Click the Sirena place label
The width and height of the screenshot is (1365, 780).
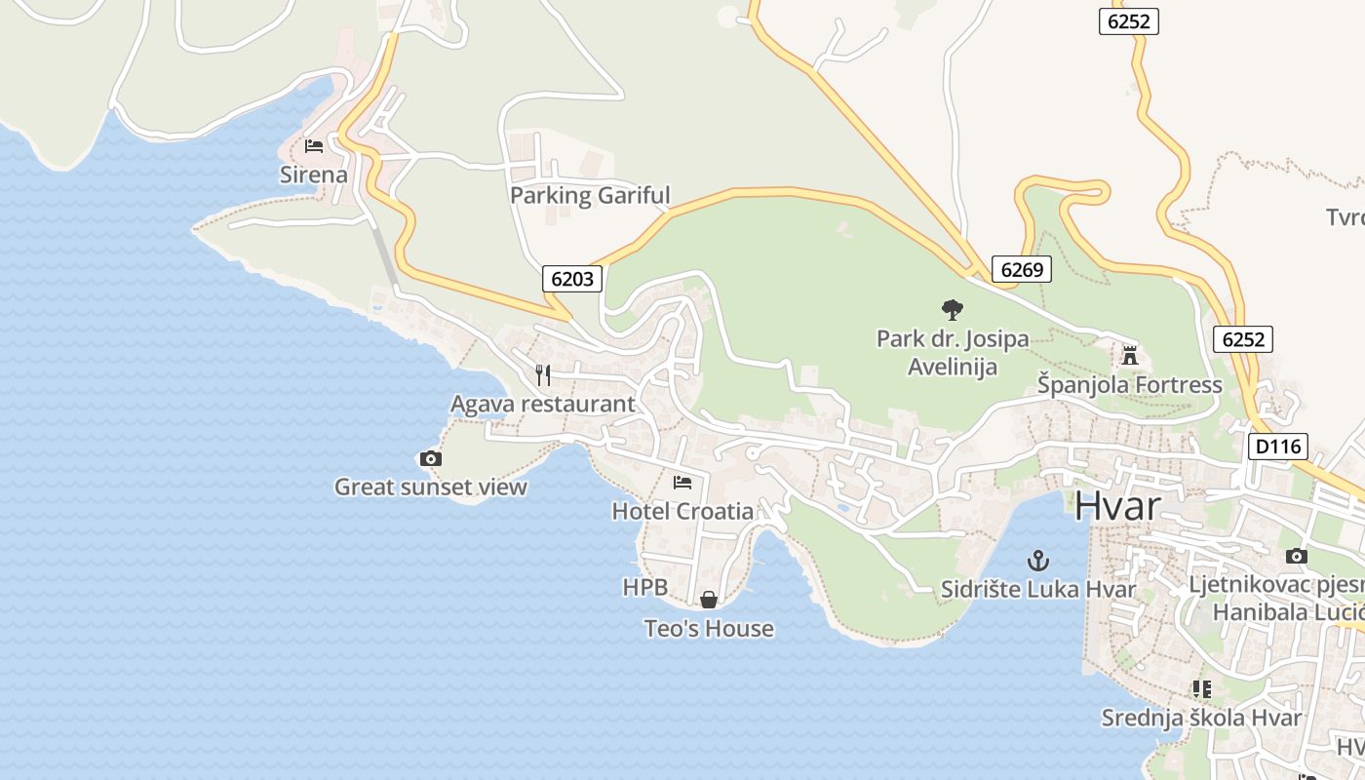point(313,175)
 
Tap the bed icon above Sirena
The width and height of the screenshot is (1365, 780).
point(313,146)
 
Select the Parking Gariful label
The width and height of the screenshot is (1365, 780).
point(590,195)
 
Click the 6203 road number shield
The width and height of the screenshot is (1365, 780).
point(572,279)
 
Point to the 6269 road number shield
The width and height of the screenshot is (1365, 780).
point(1022,269)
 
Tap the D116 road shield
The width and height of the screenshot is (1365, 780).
point(1277,447)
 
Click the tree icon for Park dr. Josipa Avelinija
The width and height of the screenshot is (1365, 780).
point(953,310)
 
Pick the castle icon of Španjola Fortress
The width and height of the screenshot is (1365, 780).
point(1130,356)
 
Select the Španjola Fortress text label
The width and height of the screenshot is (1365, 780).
point(1129,385)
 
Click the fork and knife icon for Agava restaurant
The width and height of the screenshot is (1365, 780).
point(543,374)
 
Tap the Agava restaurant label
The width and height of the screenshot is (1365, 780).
point(542,404)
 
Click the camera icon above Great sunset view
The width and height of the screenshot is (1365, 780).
point(430,458)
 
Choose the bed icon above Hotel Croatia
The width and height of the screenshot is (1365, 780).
point(682,482)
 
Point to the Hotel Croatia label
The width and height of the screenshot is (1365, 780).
point(682,511)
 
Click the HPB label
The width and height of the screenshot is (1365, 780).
point(645,587)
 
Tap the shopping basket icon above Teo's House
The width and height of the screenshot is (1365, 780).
point(709,600)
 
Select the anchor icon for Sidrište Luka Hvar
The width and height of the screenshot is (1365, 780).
point(1038,561)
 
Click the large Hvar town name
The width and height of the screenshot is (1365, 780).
point(1118,507)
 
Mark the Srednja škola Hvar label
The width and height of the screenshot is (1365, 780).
point(1201,719)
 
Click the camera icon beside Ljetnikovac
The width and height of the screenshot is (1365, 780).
point(1296,556)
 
